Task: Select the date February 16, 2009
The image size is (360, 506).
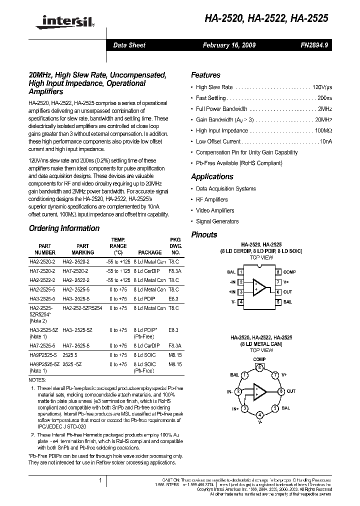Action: [229, 45]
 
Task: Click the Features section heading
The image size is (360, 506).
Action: [205, 75]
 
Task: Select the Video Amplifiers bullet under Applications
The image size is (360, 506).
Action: [215, 210]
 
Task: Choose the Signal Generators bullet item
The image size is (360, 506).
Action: [217, 221]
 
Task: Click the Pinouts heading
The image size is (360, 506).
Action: [204, 234]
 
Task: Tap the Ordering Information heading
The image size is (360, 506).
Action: [64, 228]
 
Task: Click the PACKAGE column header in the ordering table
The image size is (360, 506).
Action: [149, 253]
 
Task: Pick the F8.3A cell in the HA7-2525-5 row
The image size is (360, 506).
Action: [173, 345]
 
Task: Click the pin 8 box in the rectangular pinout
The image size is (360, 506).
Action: [278, 272]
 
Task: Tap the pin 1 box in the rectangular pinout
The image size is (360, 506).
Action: [241, 272]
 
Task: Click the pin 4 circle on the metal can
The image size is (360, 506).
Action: [259, 415]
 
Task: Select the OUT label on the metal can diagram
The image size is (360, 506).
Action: [291, 391]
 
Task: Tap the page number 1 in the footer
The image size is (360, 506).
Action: [100, 481]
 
